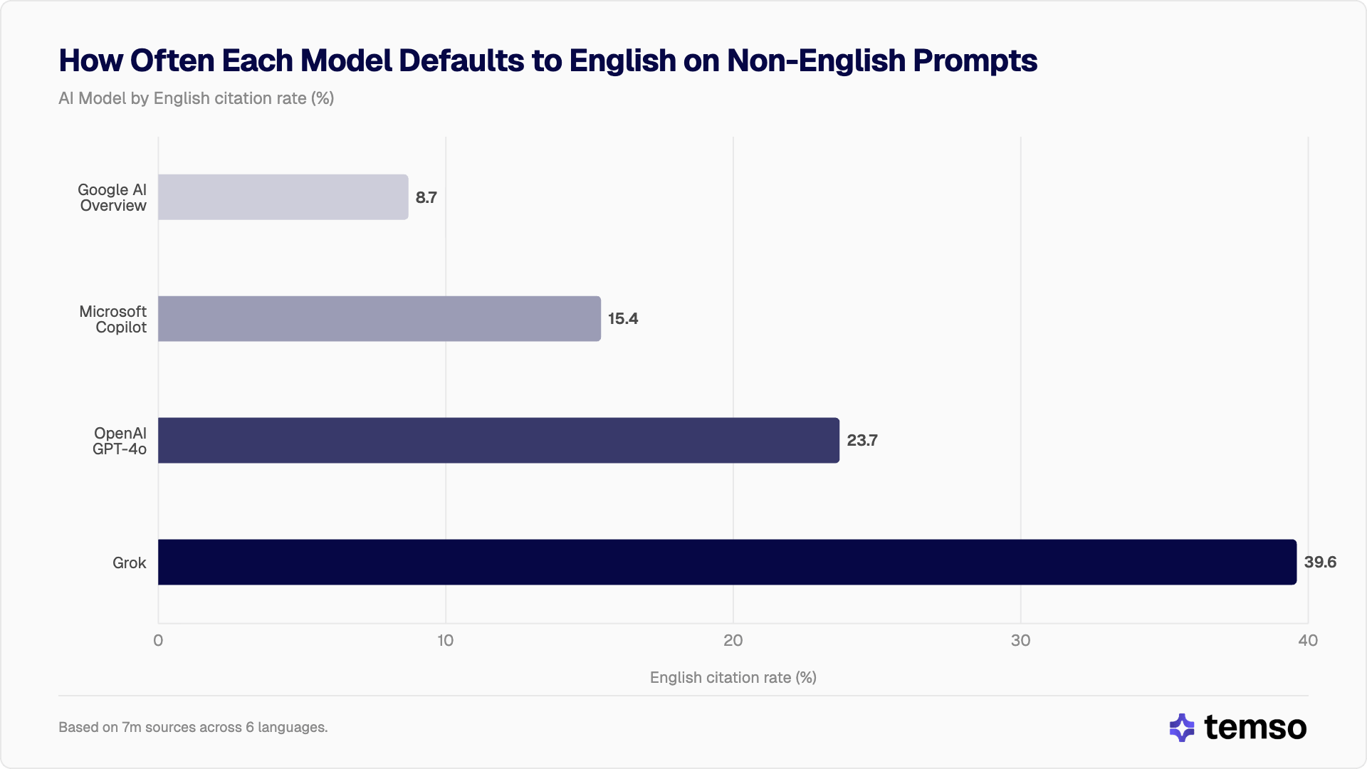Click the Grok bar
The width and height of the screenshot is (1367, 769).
[x=726, y=562]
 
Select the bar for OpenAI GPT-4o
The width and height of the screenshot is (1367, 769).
[x=498, y=440]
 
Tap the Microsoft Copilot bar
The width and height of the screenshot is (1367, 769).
[x=379, y=318]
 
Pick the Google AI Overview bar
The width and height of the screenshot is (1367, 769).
[x=283, y=197]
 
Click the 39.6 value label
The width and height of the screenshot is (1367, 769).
[x=1320, y=562]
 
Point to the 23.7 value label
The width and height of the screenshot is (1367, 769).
[x=861, y=440]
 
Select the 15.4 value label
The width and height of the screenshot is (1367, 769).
[x=622, y=318]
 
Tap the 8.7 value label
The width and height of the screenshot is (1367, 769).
[x=426, y=197]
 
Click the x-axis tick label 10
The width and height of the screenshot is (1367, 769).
[x=445, y=640]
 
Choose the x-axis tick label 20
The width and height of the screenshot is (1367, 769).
[x=733, y=640]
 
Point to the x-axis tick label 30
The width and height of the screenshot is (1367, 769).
[x=1020, y=640]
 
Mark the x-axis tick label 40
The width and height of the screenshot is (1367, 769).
[x=1307, y=640]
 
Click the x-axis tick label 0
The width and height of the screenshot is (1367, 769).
[x=158, y=640]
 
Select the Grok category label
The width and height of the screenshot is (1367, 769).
[x=129, y=563]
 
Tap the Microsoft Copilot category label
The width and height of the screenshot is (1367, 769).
[x=112, y=319]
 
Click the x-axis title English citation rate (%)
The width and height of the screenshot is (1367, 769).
[x=733, y=677]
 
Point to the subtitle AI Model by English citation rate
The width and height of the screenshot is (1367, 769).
[x=196, y=98]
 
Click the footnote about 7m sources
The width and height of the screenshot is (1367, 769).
[x=193, y=727]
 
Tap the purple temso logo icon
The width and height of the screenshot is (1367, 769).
[x=1182, y=727]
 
